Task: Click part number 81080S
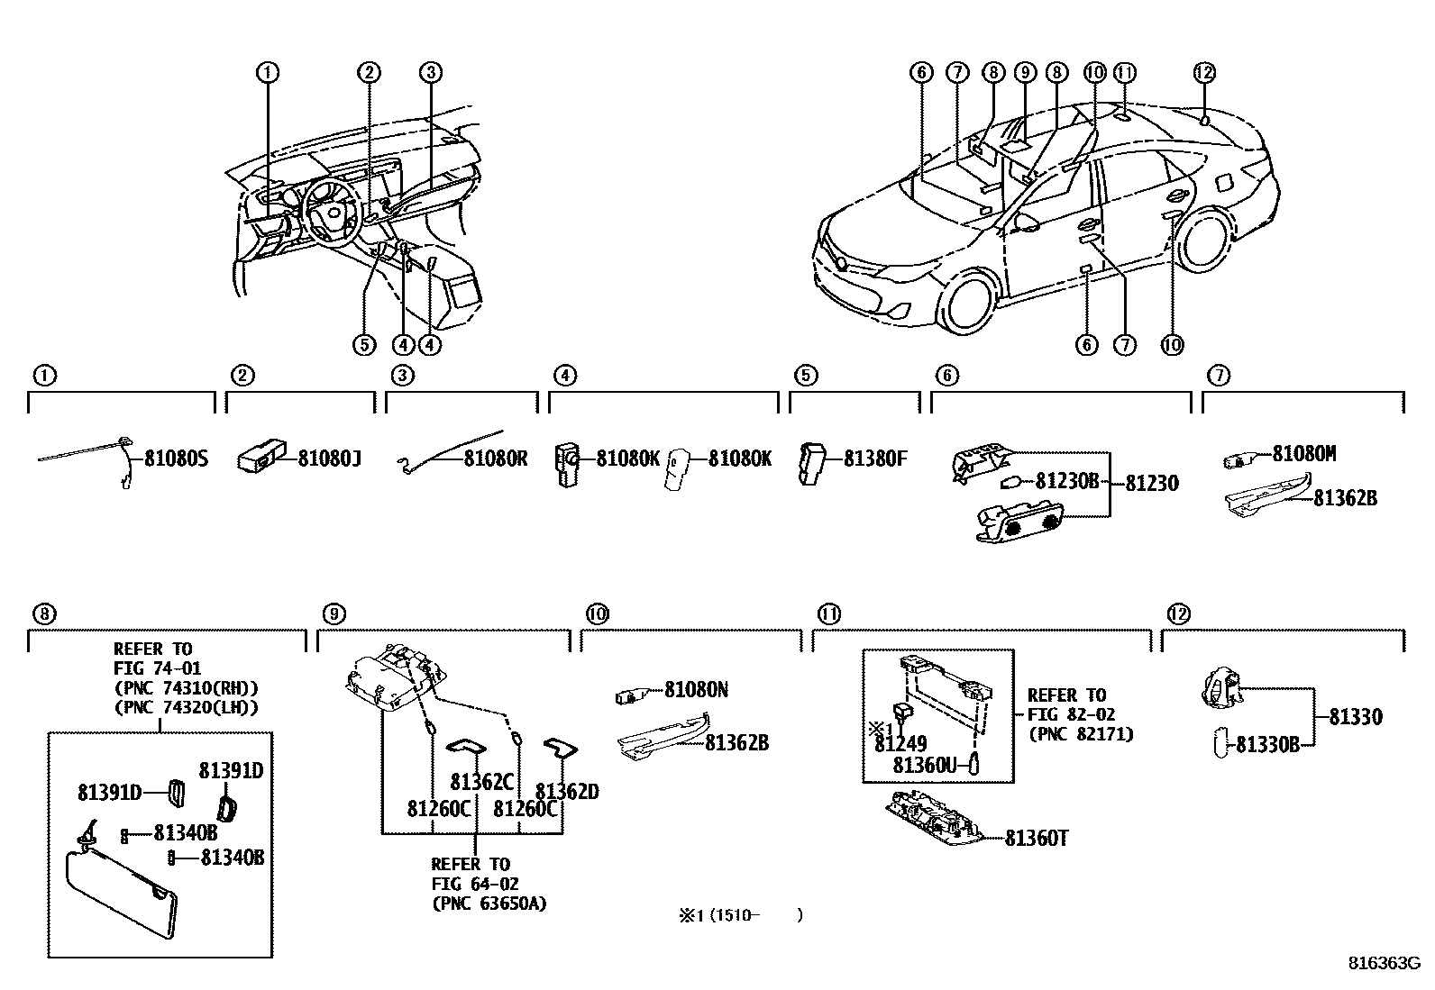point(177,459)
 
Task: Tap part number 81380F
point(875,459)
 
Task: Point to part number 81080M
point(1304,454)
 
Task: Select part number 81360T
point(1037,839)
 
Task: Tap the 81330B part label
point(1267,745)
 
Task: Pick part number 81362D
point(567,792)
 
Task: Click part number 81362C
point(481,781)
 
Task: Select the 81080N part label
point(696,691)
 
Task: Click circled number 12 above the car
point(1204,72)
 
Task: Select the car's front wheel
point(969,302)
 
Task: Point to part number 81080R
point(496,459)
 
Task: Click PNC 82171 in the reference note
point(1081,734)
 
